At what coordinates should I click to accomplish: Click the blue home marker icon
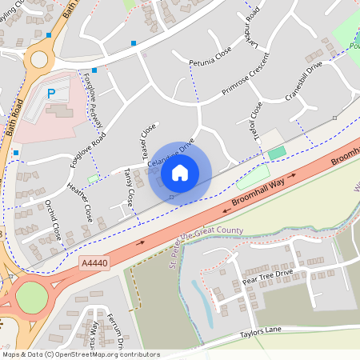click(x=180, y=172)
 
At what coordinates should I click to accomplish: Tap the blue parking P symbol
click(x=51, y=94)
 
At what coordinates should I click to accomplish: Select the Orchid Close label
click(x=53, y=221)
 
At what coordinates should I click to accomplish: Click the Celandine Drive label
click(x=171, y=155)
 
